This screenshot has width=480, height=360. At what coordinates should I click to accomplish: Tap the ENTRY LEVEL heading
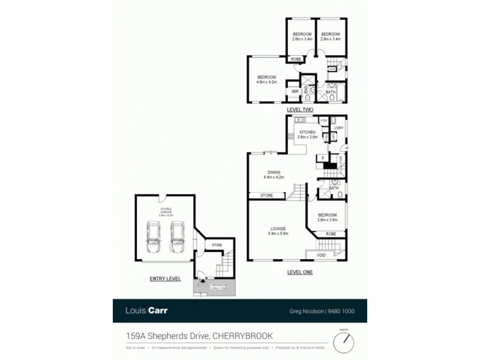point(164,279)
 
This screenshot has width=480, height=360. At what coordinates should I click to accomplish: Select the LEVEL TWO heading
point(300,109)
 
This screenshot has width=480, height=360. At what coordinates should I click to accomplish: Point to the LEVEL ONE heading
point(300,272)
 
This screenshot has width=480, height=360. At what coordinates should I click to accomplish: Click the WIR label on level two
point(295,92)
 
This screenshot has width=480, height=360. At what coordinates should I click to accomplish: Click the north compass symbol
point(344,342)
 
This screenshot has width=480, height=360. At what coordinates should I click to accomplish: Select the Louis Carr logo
point(146,310)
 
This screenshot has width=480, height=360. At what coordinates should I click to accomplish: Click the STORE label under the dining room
point(267,196)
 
